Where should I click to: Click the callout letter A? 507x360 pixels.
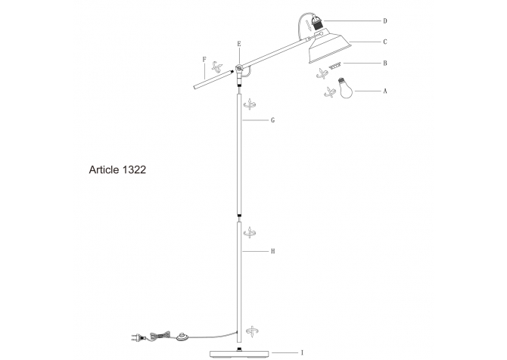[x=385, y=91]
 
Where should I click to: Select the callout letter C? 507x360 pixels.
[x=385, y=42]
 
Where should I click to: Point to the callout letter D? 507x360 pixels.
[x=385, y=20]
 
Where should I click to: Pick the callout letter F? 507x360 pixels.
[x=204, y=58]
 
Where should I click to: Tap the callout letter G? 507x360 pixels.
[x=272, y=120]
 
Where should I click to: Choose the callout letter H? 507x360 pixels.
[x=272, y=250]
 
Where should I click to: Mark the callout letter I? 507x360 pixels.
[x=302, y=352]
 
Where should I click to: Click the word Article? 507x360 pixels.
[x=103, y=171]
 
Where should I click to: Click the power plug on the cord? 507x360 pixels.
[x=136, y=340]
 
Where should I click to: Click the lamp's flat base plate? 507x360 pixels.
[x=240, y=352]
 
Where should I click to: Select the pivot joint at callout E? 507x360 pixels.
[x=240, y=70]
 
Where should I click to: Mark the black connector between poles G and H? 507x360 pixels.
[x=240, y=216]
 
